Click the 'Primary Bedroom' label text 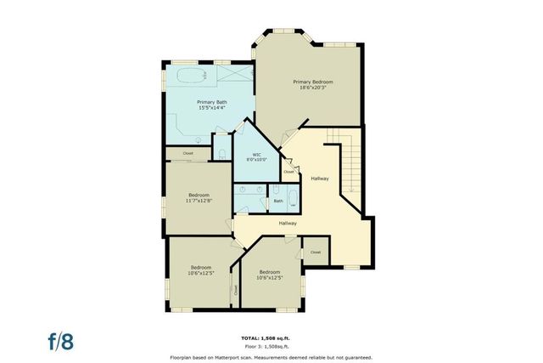tap(313, 82)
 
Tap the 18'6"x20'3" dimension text tap(313, 88)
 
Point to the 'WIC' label tap(256, 154)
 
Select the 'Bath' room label tap(277, 201)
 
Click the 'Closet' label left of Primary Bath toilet tap(188, 153)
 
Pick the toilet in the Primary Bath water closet tap(221, 153)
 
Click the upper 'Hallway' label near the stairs tap(320, 179)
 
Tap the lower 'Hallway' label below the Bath tap(288, 223)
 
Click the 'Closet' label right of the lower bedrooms tap(316, 252)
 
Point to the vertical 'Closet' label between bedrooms tap(235, 290)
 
